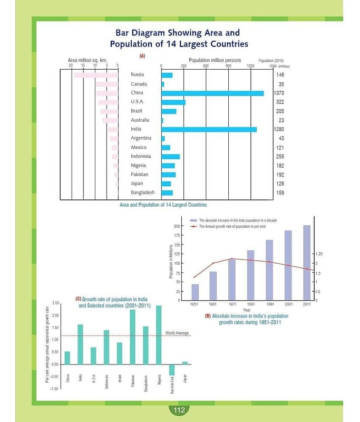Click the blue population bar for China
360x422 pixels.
pos(212,93)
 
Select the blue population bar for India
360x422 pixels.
pos(209,129)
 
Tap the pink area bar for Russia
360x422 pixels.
pos(95,75)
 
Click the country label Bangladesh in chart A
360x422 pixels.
pos(143,193)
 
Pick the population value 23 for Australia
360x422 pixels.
pos(281,120)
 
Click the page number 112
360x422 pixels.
pos(179,410)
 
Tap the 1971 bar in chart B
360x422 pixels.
pos(232,279)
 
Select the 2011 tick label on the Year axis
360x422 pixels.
pos(306,304)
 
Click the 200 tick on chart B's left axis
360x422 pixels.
pos(177,226)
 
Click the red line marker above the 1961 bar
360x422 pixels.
pos(213,263)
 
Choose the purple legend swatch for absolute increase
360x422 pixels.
pos(194,220)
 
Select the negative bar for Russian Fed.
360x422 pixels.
pos(172,370)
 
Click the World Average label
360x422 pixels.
pos(177,333)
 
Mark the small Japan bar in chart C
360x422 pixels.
pos(184,363)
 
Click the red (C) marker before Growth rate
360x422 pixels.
pos(79,299)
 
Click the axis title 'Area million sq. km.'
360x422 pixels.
pos(87,60)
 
